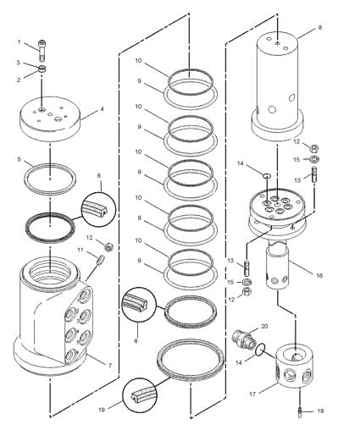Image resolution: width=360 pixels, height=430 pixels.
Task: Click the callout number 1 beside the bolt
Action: pyautogui.click(x=19, y=41)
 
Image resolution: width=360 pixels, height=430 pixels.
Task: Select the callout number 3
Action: pyautogui.click(x=19, y=63)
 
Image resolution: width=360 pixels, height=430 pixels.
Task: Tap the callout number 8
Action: pyautogui.click(x=319, y=28)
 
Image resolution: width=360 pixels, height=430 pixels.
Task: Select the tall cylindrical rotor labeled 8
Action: pyautogui.click(x=278, y=80)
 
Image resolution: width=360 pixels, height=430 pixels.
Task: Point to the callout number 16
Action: pyautogui.click(x=318, y=275)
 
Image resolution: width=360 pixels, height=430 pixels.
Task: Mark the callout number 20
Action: pyautogui.click(x=263, y=326)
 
